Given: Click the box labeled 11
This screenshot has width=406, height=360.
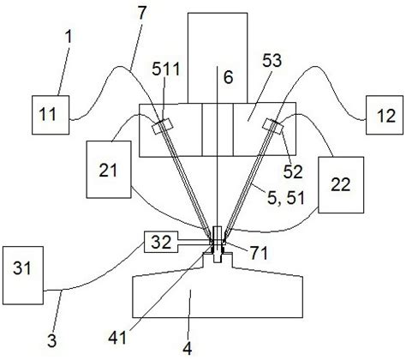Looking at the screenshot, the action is (51, 115).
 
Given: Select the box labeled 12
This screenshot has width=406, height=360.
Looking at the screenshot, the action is (385, 115).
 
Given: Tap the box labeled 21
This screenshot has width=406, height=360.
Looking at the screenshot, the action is (109, 169).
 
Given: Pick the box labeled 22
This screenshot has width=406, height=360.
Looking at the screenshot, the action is (341, 184).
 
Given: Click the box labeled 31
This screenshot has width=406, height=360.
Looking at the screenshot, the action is (23, 275).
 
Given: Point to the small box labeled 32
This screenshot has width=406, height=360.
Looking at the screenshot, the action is (161, 242).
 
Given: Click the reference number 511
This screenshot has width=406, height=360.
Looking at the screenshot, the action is (166, 69).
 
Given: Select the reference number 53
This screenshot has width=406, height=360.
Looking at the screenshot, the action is (272, 61).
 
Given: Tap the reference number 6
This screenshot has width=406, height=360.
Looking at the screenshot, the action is (228, 77).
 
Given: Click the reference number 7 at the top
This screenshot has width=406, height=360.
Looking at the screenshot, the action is (141, 13).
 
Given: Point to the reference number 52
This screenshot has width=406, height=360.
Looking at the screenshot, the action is (293, 171).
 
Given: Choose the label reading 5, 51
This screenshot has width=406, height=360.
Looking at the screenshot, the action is (285, 198).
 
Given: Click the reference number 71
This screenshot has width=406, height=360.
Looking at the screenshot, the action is (259, 253).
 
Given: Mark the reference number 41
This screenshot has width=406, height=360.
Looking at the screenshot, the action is (117, 339).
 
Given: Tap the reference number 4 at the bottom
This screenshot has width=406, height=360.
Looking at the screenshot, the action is (188, 348).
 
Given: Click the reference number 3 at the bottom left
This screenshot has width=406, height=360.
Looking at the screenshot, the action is (52, 341).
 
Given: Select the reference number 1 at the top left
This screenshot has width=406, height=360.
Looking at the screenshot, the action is (69, 37).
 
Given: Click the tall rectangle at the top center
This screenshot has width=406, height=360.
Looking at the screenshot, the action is (218, 57).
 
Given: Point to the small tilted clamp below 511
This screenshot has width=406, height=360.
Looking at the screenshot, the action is (163, 126).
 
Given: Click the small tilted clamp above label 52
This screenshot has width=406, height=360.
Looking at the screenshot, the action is (273, 126).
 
